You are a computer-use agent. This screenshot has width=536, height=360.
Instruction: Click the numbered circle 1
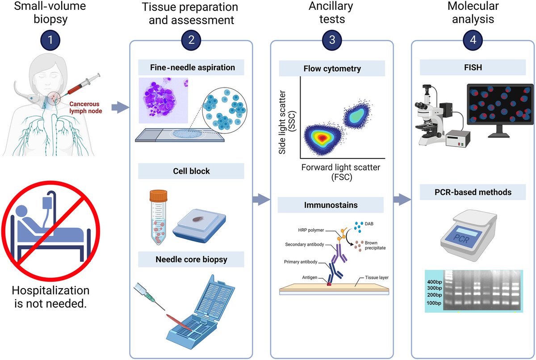pyautogui.click(x=50, y=40)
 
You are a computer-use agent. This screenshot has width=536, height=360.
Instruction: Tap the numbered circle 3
pyautogui.click(x=332, y=40)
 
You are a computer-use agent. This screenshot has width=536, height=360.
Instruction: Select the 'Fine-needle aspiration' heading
pyautogui.click(x=191, y=68)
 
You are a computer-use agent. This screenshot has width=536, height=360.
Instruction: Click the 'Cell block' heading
pyautogui.click(x=191, y=171)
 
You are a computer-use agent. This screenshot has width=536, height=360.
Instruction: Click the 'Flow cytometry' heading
pyautogui.click(x=332, y=69)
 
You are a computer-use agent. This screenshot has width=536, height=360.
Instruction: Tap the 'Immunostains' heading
pyautogui.click(x=331, y=205)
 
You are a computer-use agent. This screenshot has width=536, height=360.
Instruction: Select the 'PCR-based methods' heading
pyautogui.click(x=472, y=192)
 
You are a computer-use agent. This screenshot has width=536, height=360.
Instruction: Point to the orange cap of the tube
pyautogui.click(x=158, y=196)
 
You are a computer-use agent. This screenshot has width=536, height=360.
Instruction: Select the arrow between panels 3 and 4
pyautogui.click(x=402, y=198)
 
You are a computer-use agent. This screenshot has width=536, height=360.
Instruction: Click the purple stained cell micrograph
pyautogui.click(x=163, y=101)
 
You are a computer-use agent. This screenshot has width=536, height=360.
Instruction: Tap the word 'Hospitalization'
pyautogui.click(x=50, y=290)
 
